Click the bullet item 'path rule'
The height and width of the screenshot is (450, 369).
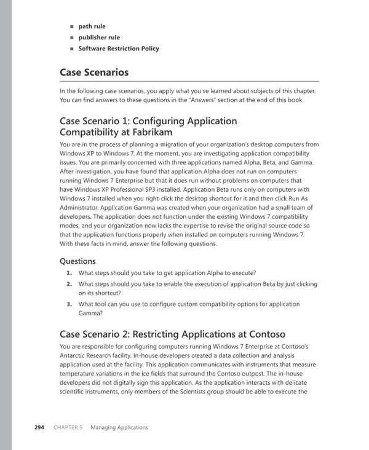93,27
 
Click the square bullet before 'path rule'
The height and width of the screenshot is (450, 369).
72,28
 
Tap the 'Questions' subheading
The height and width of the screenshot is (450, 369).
77,261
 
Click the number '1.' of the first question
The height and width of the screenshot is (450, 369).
69,272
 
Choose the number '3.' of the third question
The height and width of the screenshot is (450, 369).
69,304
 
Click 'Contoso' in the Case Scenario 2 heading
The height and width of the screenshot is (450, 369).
266,334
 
